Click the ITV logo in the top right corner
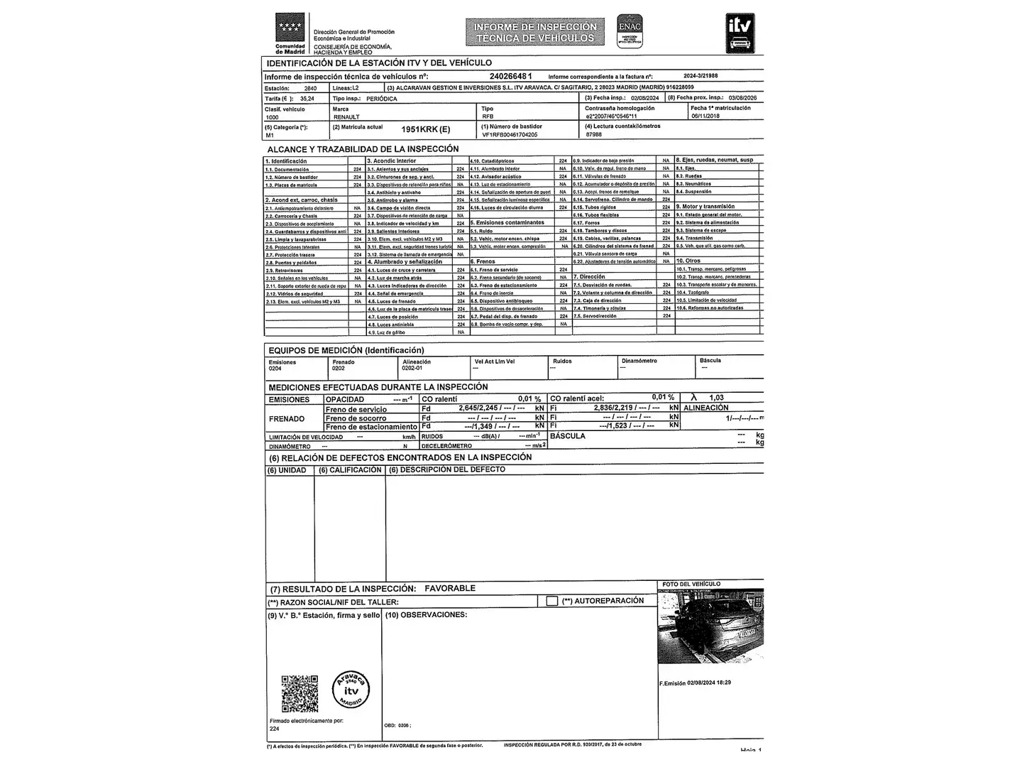[x=740, y=33]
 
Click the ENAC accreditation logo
[x=630, y=31]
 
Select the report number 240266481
[x=510, y=76]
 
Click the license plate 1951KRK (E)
[x=425, y=129]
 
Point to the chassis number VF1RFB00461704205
[x=510, y=134]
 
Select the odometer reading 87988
[x=593, y=134]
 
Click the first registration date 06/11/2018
[x=705, y=116]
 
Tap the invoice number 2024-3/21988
[x=700, y=76]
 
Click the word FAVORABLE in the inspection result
[x=450, y=589]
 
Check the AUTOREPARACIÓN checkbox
[x=552, y=601]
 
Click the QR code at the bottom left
[x=300, y=693]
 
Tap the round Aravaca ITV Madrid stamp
[x=351, y=690]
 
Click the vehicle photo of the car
[x=710, y=626]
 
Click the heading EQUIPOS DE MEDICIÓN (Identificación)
[x=346, y=350]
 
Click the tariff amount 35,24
[x=307, y=99]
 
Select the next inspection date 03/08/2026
[x=742, y=98]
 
